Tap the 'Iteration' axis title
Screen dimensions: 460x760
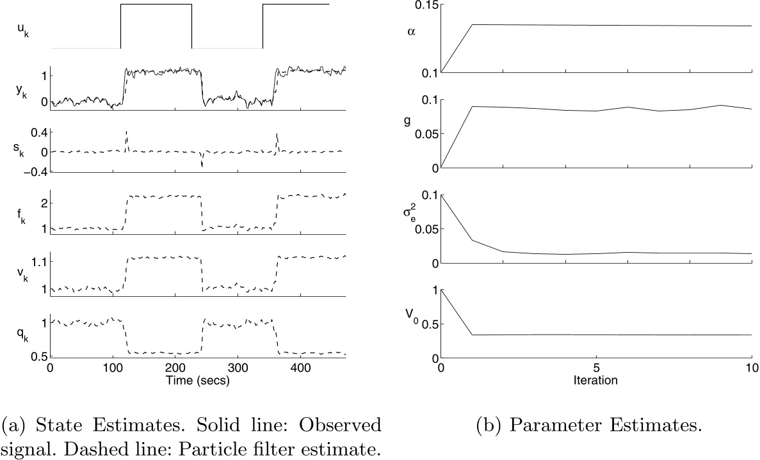[596, 381]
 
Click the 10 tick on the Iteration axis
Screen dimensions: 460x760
[752, 369]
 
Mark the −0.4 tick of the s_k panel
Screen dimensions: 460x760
[35, 171]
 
